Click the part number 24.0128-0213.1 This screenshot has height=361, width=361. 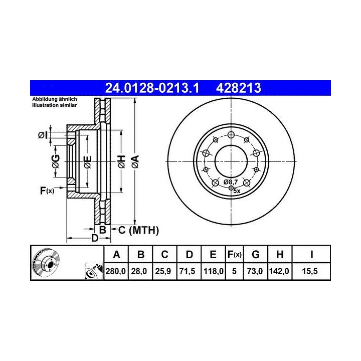point(152,88)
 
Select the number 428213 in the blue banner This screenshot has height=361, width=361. point(239,88)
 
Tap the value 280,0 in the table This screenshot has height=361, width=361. point(116,271)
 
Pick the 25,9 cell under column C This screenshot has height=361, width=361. point(163,271)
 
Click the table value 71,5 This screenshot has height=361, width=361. point(187,271)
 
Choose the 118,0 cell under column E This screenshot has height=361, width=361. point(214,271)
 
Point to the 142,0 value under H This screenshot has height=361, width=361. point(279,271)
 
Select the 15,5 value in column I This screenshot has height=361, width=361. point(310,271)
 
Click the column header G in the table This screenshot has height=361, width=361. point(256,254)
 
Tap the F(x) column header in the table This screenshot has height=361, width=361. point(234,255)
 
